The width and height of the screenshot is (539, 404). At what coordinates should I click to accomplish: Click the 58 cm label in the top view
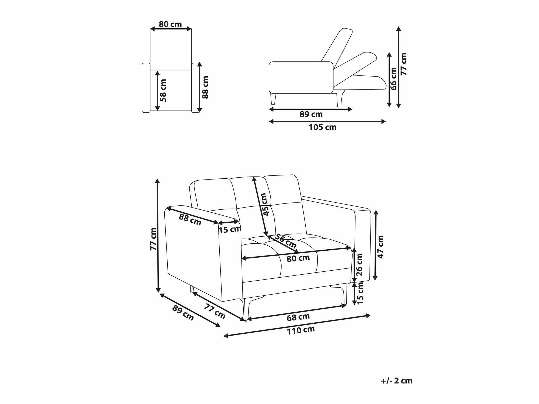(163, 90)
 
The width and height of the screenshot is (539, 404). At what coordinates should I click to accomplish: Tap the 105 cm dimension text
(323, 127)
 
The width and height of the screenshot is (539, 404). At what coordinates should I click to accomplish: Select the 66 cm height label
(393, 79)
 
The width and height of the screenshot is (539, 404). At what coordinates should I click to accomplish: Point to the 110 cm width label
(300, 330)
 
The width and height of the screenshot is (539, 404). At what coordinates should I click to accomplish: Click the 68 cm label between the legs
(298, 317)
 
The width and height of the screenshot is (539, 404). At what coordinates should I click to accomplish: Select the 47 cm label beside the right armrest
(380, 247)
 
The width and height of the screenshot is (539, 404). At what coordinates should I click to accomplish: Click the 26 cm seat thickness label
(360, 265)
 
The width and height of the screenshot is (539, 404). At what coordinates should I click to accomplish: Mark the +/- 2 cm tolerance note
(397, 381)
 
